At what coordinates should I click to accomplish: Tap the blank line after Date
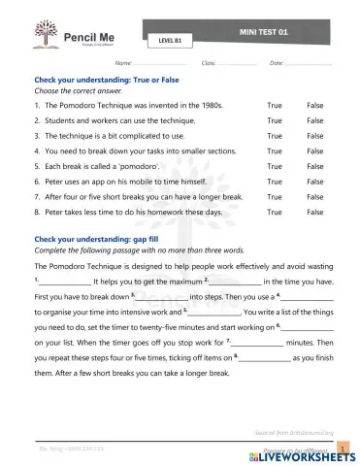tap(310, 63)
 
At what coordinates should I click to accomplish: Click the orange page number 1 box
tap(343, 448)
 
